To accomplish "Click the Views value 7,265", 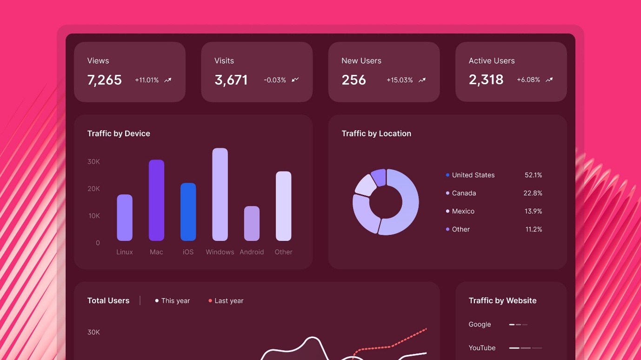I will pyautogui.click(x=105, y=80).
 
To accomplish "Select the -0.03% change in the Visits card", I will pyautogui.click(x=275, y=80).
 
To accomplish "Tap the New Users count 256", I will pyautogui.click(x=354, y=80).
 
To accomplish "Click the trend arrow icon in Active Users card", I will pyautogui.click(x=549, y=80).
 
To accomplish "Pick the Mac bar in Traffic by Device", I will pyautogui.click(x=156, y=200).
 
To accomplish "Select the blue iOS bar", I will pyautogui.click(x=188, y=212).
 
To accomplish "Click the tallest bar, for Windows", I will pyautogui.click(x=220, y=194).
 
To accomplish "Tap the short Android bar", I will pyautogui.click(x=252, y=223).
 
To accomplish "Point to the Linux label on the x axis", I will pyautogui.click(x=125, y=252).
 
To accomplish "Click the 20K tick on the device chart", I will pyautogui.click(x=94, y=189).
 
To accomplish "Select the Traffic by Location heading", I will pyautogui.click(x=376, y=133).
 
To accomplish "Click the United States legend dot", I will pyautogui.click(x=447, y=175).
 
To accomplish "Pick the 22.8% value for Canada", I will pyautogui.click(x=533, y=193).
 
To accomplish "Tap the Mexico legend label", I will pyautogui.click(x=463, y=211).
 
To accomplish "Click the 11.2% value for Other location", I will pyautogui.click(x=534, y=229).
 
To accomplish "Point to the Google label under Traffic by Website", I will pyautogui.click(x=480, y=325).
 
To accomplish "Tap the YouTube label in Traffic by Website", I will pyautogui.click(x=482, y=348).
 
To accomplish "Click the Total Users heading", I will pyautogui.click(x=108, y=300).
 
